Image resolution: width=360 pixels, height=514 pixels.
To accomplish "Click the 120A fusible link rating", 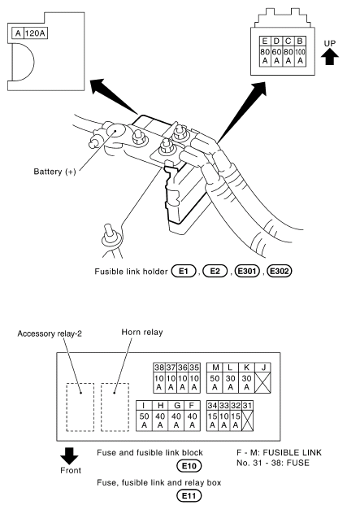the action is (36, 33).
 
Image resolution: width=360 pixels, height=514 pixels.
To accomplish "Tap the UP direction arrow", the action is (329, 57).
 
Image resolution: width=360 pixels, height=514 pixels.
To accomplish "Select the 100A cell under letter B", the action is (300, 56).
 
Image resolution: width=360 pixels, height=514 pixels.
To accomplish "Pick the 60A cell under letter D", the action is (277, 56).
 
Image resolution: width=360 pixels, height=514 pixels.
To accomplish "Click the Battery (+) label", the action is (54, 172).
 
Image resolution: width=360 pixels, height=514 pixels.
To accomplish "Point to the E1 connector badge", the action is (184, 271).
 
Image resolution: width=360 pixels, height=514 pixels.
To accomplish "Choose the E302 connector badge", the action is (280, 271).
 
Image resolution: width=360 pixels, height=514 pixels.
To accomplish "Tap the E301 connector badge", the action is (247, 271).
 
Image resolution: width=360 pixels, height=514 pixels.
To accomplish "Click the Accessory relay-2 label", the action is (50, 333).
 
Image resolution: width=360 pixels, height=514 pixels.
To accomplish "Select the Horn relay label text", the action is (142, 332).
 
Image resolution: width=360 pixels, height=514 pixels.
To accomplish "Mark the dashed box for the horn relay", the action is (115, 407).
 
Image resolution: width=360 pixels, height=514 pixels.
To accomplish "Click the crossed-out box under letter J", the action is (262, 382).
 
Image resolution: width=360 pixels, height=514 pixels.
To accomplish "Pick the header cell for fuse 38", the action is (159, 368).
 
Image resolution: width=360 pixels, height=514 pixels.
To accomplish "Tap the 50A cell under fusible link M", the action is (215, 382).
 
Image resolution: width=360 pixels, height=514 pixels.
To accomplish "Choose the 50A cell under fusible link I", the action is (144, 420).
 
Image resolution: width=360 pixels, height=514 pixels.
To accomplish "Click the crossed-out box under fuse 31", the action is (247, 420).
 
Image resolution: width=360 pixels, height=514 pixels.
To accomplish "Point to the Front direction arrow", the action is (69, 455).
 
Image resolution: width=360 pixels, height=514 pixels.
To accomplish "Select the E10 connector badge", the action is (189, 466).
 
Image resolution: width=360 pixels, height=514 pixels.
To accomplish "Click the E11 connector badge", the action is (189, 495).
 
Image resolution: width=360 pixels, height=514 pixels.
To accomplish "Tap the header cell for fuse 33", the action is (223, 406).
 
